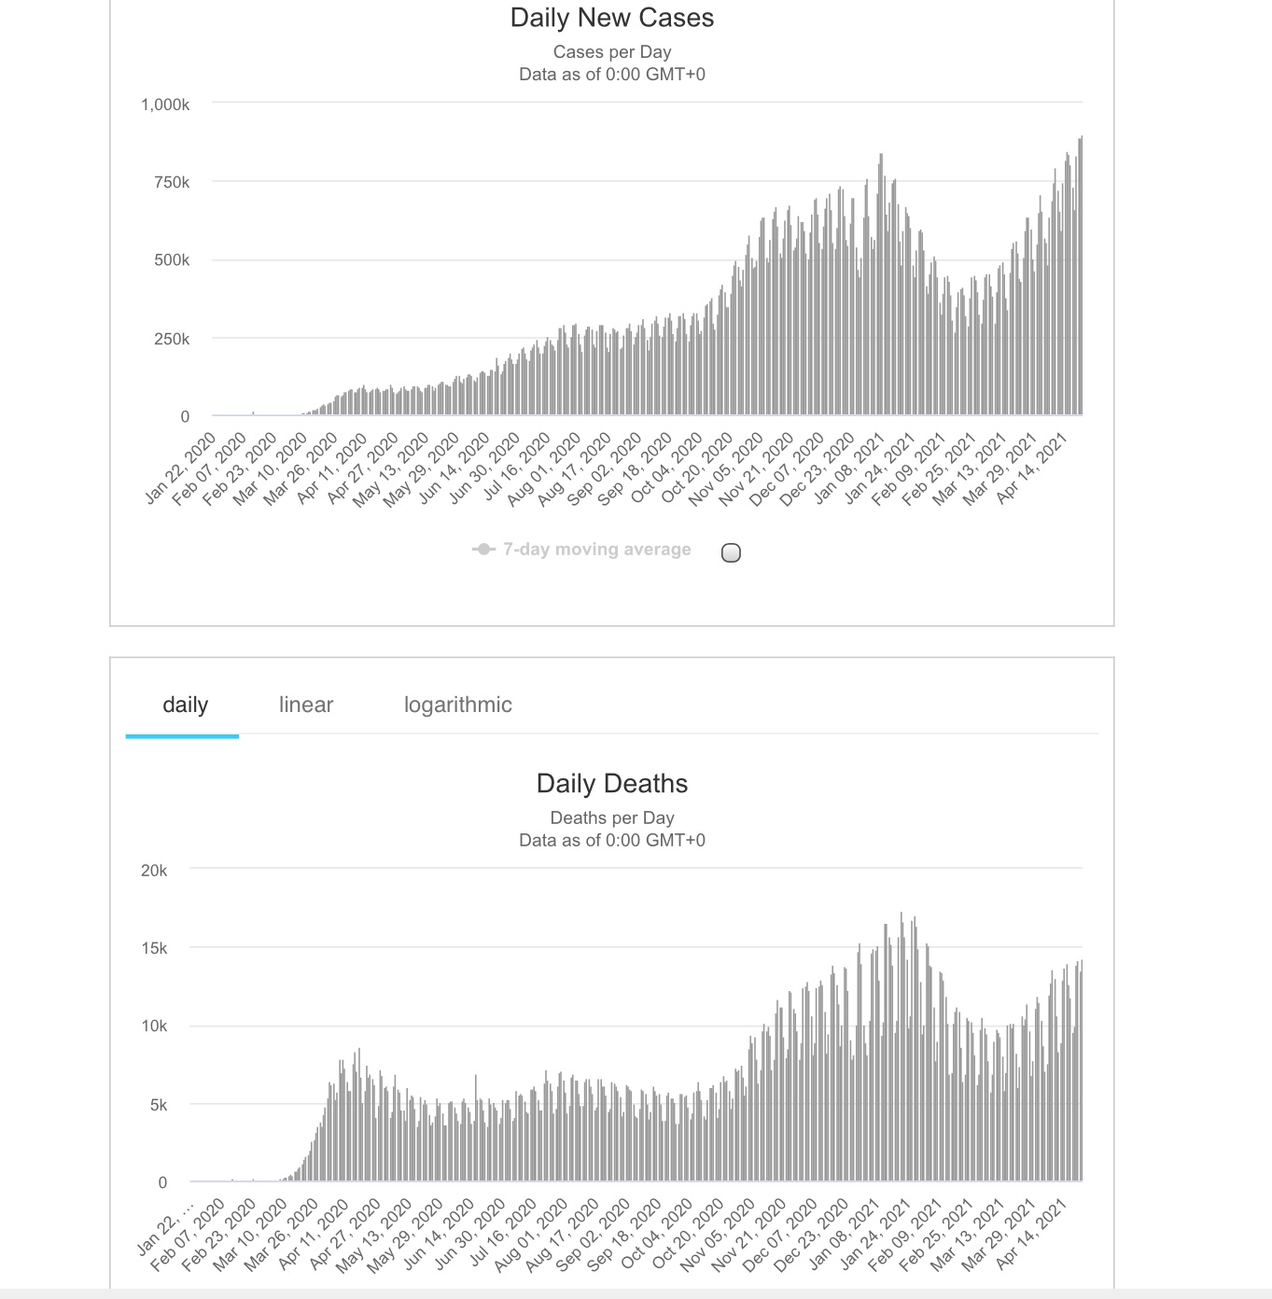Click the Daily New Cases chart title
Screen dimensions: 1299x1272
click(x=611, y=18)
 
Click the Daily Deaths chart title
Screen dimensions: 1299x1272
click(x=611, y=784)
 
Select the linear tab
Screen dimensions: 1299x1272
click(x=305, y=705)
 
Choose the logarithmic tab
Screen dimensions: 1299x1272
click(x=457, y=705)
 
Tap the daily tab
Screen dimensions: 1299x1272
click(x=185, y=705)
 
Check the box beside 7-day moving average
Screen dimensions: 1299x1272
click(x=732, y=552)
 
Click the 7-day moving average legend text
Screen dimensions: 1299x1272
click(x=596, y=550)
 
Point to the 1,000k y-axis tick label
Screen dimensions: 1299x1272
click(x=165, y=105)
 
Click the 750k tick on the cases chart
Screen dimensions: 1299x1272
click(x=172, y=182)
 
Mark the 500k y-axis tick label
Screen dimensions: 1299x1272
click(x=172, y=259)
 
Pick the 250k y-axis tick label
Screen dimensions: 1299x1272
click(x=172, y=339)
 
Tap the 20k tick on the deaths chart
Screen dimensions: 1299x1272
click(x=154, y=871)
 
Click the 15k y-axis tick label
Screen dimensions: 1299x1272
click(x=154, y=948)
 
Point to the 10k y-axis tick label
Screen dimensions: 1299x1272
click(x=154, y=1026)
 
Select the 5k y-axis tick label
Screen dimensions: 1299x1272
click(x=158, y=1105)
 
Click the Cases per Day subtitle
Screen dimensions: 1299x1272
click(x=611, y=52)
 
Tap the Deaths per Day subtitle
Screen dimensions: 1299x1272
click(x=611, y=818)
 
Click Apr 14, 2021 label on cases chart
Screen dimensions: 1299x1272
click(x=1033, y=469)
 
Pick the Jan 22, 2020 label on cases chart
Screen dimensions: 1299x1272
click(x=182, y=468)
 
